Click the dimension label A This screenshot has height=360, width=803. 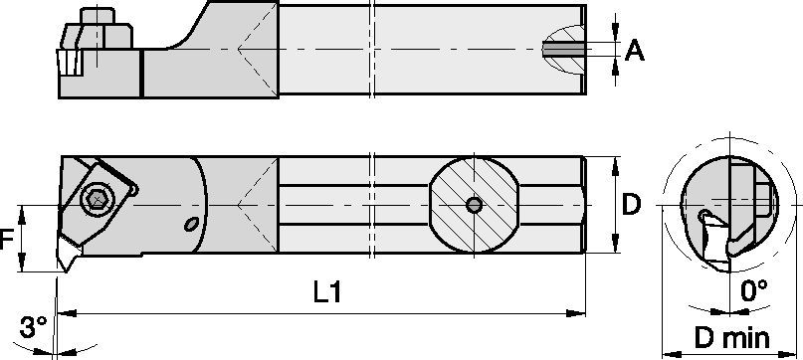point(634,50)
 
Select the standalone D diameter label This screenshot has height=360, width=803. point(632,206)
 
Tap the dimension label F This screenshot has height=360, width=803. point(9,239)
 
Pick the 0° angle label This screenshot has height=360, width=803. point(754,290)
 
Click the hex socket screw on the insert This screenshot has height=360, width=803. point(99,200)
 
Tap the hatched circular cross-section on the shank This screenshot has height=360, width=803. point(474,205)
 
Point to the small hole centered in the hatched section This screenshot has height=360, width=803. point(475,205)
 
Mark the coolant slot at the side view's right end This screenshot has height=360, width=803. point(563,49)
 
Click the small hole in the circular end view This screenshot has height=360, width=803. point(703,215)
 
